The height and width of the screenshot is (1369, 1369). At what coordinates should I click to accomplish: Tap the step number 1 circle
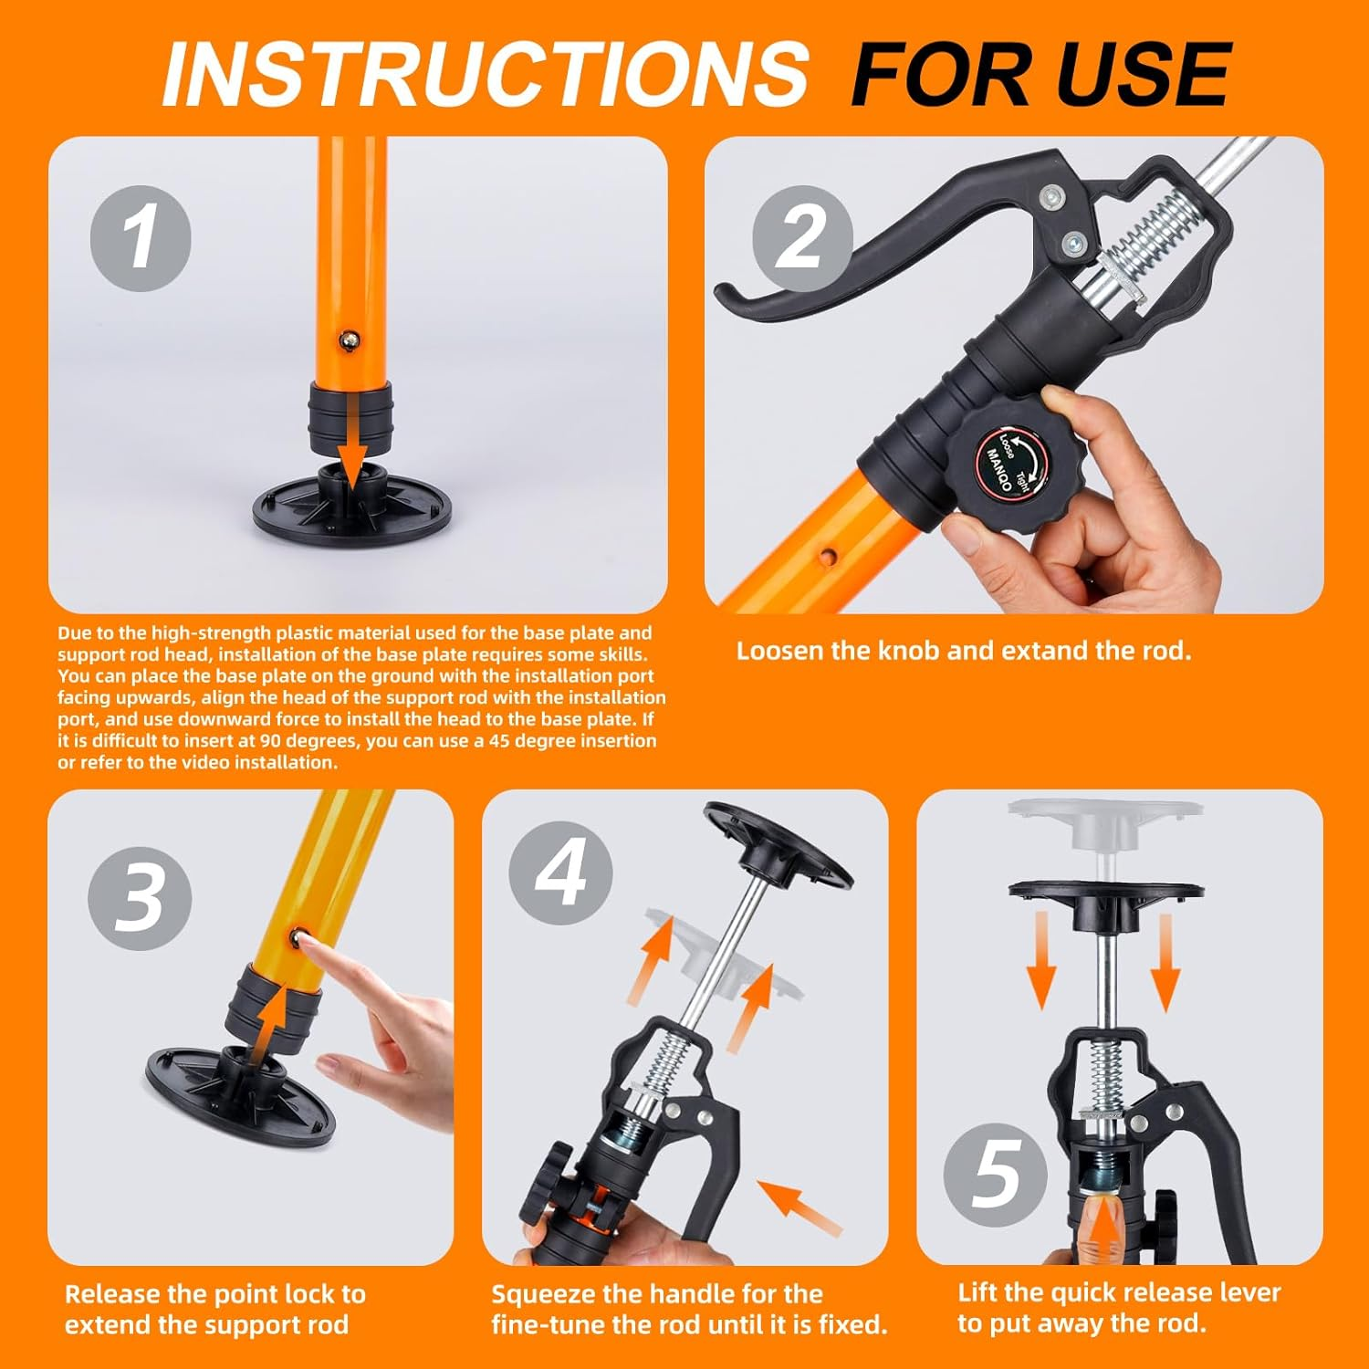pyautogui.click(x=141, y=238)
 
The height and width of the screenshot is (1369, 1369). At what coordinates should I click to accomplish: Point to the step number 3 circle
pyautogui.click(x=140, y=898)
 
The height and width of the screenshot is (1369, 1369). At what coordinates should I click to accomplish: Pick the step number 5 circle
pyautogui.click(x=995, y=1176)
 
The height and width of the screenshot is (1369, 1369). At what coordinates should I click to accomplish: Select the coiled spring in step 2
pyautogui.click(x=1152, y=239)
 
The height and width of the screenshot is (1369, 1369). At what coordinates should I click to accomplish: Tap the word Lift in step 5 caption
pyautogui.click(x=978, y=1292)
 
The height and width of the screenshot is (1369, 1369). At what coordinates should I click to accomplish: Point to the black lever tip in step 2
pyautogui.click(x=730, y=296)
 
